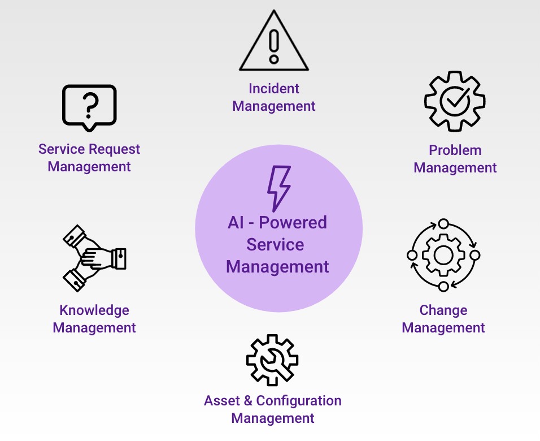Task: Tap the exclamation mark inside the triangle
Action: click(274, 45)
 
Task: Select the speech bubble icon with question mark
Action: click(89, 107)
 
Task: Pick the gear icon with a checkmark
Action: click(455, 101)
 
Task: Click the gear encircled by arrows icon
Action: click(443, 255)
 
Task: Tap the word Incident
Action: click(274, 89)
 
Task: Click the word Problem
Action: click(455, 150)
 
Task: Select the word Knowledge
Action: click(94, 310)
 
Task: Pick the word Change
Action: click(443, 310)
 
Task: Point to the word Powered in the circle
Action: click(293, 222)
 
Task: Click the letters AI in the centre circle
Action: click(235, 222)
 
